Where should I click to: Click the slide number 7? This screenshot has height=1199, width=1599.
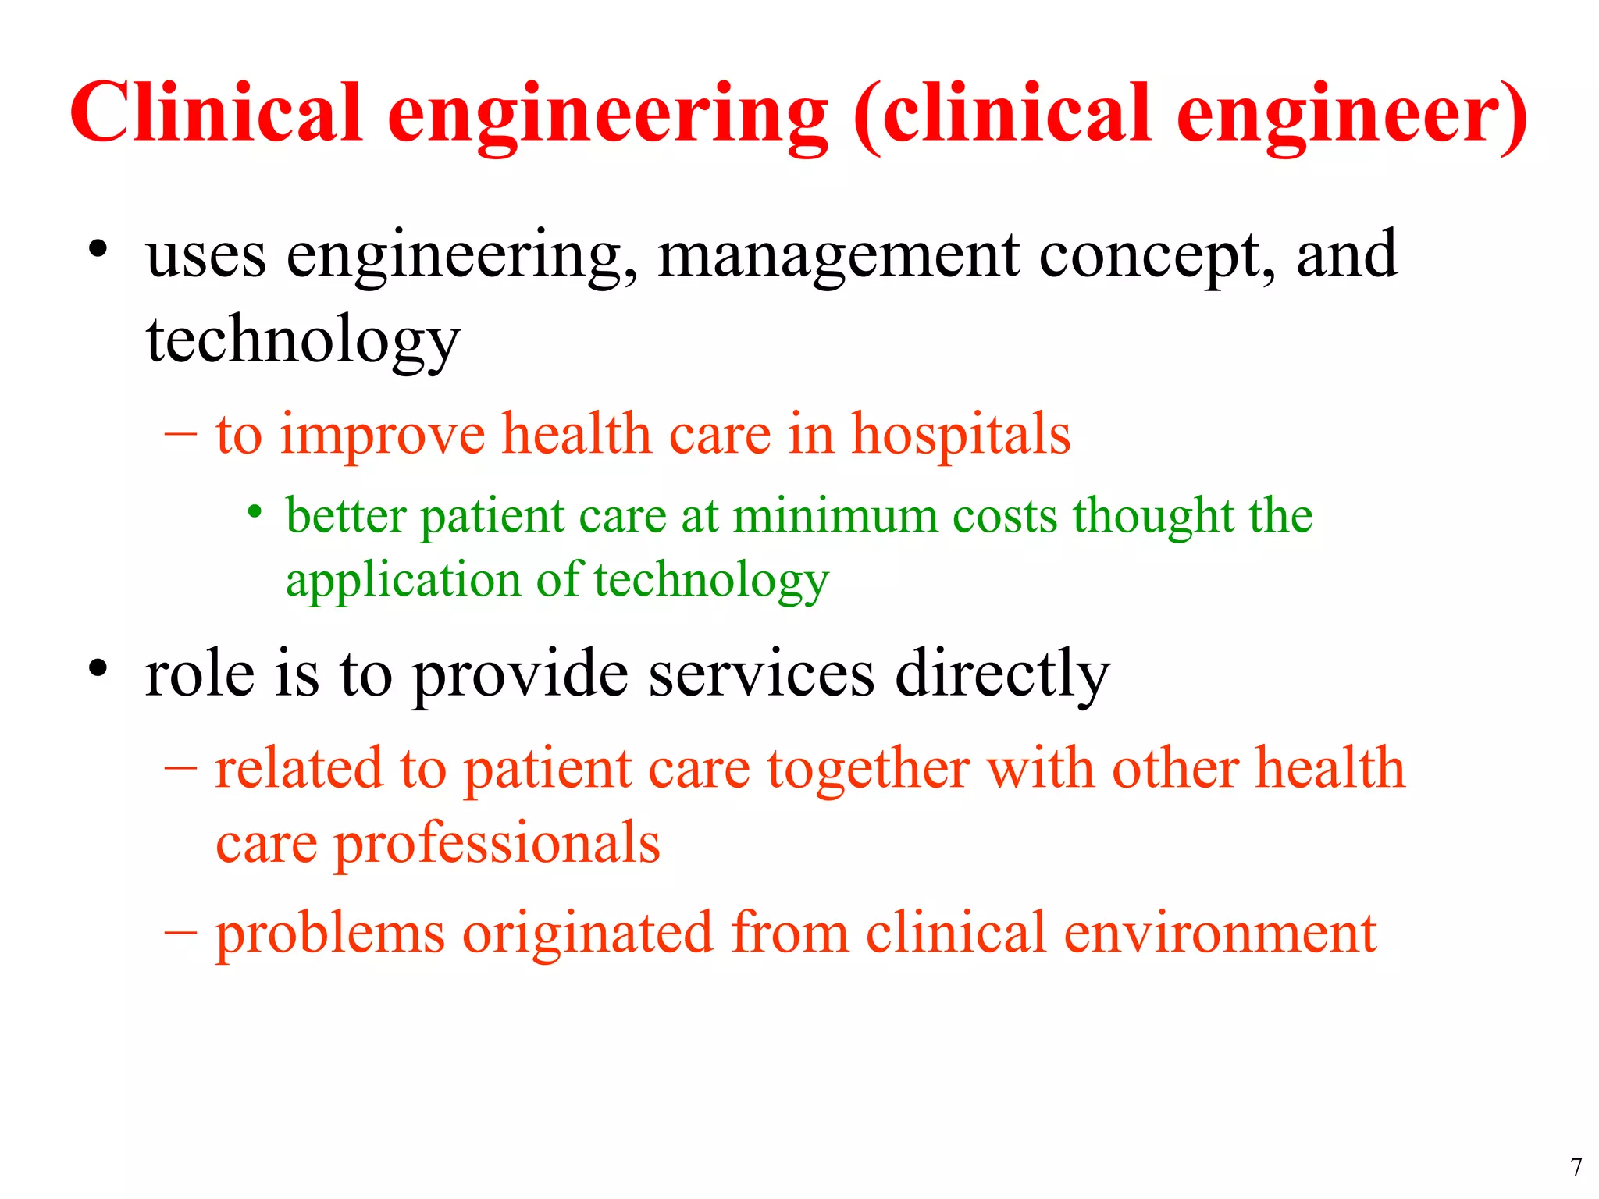[x=1576, y=1167]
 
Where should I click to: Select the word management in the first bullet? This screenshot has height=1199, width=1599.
[x=838, y=258]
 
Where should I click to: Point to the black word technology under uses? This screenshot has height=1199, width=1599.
[x=303, y=342]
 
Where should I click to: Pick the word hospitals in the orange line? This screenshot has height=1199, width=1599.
[x=960, y=435]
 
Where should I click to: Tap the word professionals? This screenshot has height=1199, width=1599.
[x=497, y=845]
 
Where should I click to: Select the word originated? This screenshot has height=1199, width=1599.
[x=587, y=934]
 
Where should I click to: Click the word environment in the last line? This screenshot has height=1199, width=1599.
[x=1220, y=933]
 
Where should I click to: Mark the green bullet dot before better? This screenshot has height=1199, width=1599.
[x=255, y=513]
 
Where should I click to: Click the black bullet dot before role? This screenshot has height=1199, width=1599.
[x=98, y=668]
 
